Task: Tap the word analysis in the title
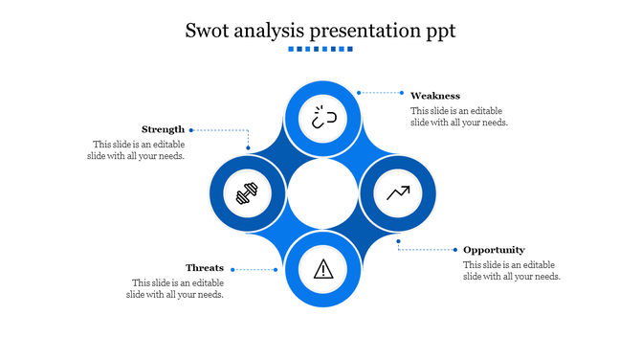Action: point(274,31)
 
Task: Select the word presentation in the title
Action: point(368,31)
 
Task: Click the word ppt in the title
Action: point(438,32)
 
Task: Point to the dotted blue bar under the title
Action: point(320,50)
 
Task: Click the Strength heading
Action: point(163,129)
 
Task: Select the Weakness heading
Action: point(435,96)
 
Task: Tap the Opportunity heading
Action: point(494,250)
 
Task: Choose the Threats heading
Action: point(205,268)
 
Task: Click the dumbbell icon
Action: point(247,194)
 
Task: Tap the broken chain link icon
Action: point(323,119)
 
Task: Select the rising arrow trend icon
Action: point(398,193)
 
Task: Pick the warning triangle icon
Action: point(323,268)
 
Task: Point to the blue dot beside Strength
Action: point(191,129)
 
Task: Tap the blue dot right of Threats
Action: point(276,269)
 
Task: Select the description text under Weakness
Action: point(459,116)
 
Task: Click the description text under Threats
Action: point(177,288)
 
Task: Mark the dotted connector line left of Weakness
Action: point(383,93)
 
